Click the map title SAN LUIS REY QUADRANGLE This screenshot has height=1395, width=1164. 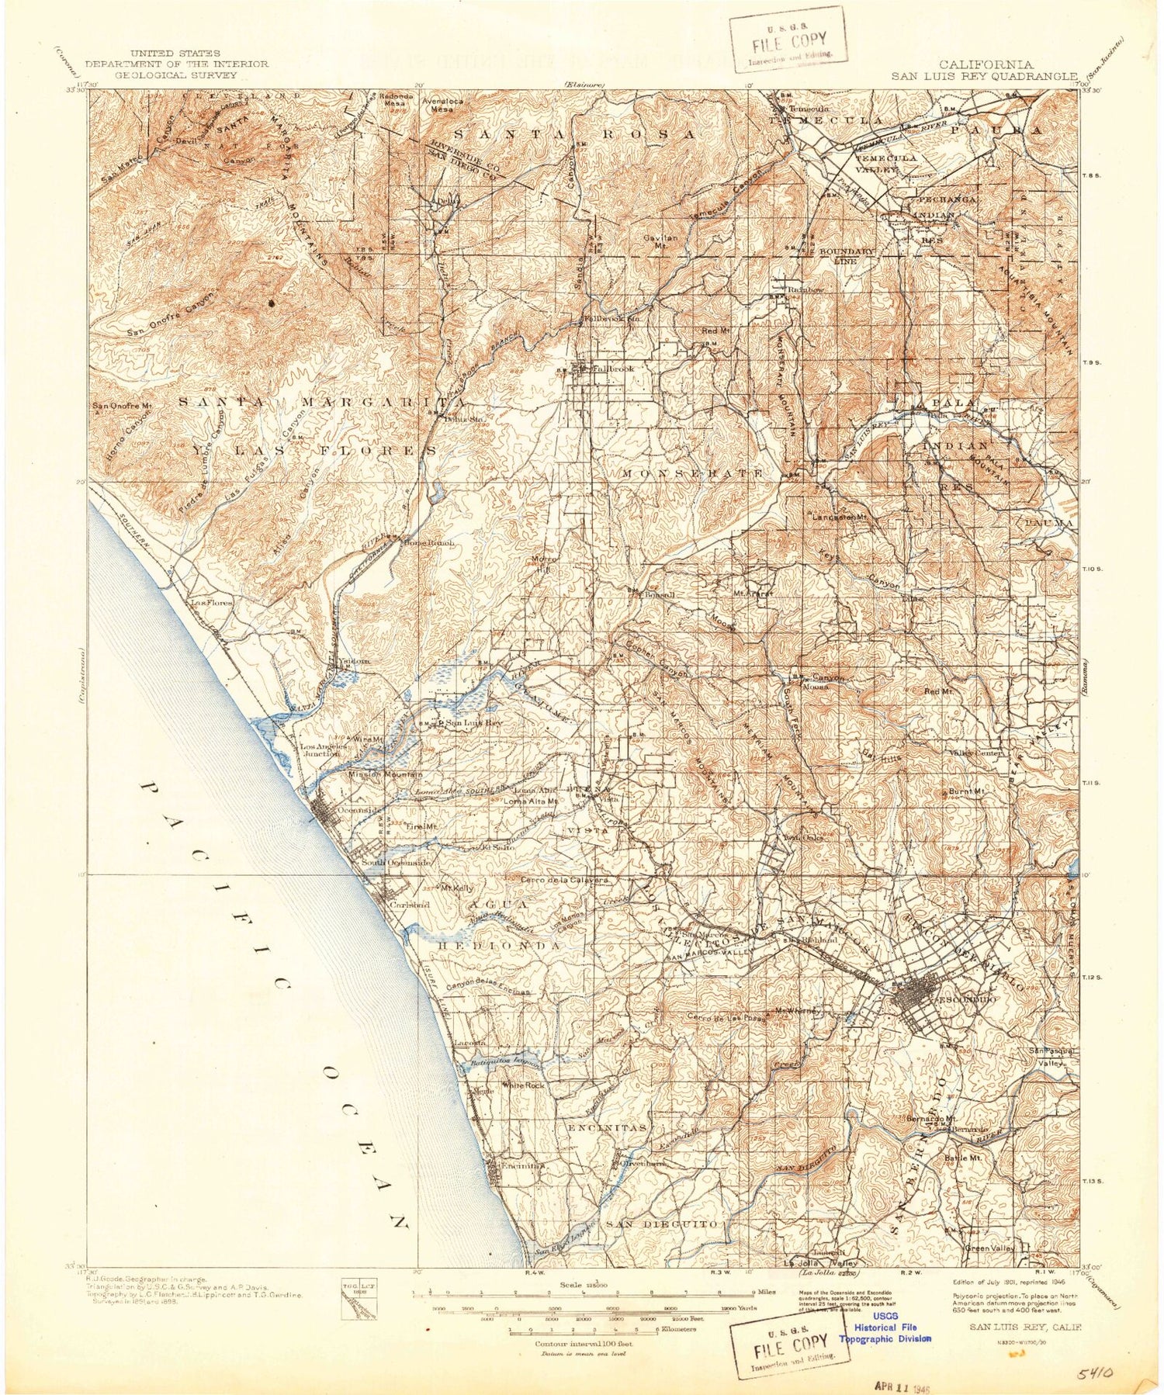pyautogui.click(x=984, y=76)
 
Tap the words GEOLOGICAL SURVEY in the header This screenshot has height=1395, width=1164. pyautogui.click(x=176, y=75)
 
